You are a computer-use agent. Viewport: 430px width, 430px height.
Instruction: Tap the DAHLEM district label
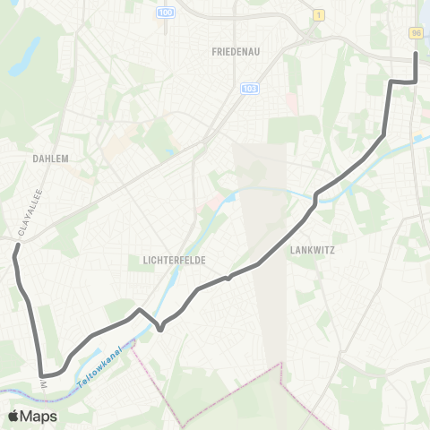(50, 158)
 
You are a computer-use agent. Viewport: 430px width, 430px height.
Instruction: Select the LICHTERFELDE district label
(175, 260)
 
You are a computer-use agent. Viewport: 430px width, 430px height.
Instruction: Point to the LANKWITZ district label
(312, 251)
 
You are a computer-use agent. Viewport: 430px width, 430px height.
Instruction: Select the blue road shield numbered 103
(248, 88)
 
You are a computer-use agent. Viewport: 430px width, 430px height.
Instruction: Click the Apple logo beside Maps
(13, 416)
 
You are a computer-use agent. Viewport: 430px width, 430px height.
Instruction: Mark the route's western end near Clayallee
(14, 256)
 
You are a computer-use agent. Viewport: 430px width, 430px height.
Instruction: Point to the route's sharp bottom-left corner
(41, 375)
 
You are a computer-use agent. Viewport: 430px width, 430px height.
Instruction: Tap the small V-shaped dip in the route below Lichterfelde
(159, 329)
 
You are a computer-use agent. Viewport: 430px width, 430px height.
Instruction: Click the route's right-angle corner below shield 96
(416, 82)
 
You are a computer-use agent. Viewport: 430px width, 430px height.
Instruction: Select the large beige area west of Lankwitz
(260, 206)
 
